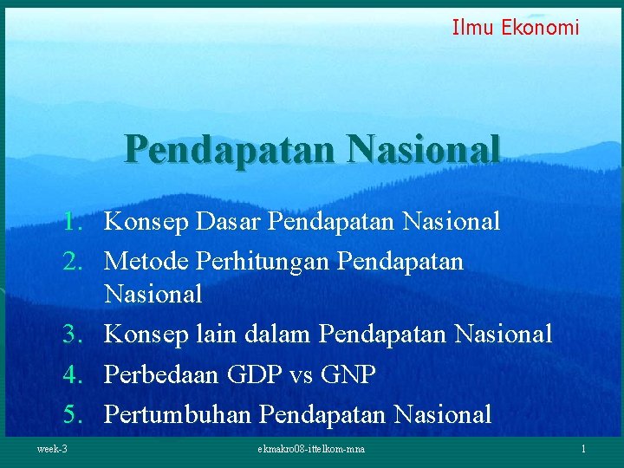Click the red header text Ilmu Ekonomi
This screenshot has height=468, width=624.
coord(516,28)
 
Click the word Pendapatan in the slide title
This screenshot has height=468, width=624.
coord(230,148)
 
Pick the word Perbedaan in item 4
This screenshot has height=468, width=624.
coord(162,374)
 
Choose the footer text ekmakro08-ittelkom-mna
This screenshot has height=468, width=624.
coord(311,449)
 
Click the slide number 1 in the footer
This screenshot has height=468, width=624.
coord(584,449)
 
